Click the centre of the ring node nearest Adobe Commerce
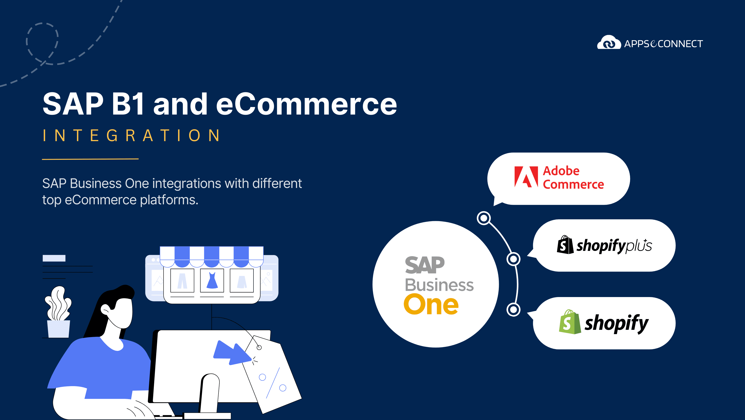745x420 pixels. (x=484, y=218)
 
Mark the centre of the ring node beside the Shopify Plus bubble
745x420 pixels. (x=513, y=259)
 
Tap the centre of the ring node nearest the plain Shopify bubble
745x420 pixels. (x=513, y=309)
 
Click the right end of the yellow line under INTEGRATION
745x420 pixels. (x=139, y=159)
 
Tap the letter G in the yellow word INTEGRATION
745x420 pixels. (x=112, y=135)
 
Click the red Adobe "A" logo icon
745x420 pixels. (x=526, y=177)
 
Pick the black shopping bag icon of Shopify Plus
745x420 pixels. (x=565, y=245)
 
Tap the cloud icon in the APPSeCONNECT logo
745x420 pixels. (x=609, y=42)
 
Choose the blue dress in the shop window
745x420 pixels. (x=212, y=280)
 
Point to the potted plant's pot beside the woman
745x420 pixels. (x=59, y=329)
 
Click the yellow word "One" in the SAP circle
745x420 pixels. (x=431, y=304)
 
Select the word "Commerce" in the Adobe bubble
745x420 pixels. (x=573, y=184)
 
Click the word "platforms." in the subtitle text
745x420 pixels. (x=169, y=200)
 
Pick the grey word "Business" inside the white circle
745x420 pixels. (x=439, y=285)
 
